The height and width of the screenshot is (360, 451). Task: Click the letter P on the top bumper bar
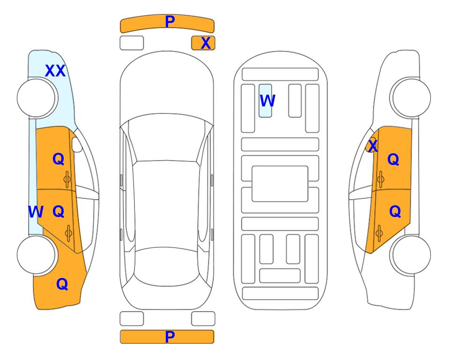coord(170,21)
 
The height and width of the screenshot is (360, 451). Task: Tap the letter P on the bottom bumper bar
coord(170,337)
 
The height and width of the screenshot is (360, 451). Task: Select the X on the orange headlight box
coord(206,43)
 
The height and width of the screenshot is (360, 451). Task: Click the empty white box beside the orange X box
coord(132,43)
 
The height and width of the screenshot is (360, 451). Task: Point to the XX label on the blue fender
coord(55,71)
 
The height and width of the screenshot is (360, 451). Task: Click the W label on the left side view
coord(36,212)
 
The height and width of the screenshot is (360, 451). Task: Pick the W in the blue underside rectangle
coord(267,100)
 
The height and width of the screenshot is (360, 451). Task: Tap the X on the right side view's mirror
coord(373,145)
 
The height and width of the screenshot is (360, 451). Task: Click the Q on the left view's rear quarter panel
coord(62,284)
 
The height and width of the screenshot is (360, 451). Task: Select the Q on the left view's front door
coord(59,159)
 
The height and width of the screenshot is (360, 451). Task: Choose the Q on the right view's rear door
coord(395,212)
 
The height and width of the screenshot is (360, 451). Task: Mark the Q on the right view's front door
coord(393,159)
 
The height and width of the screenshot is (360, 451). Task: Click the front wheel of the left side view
coord(37,98)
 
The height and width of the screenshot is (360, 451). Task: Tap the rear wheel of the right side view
coord(411,255)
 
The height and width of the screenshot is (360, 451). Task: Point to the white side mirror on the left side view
coord(77,144)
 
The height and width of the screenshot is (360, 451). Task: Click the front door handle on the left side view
coord(67,180)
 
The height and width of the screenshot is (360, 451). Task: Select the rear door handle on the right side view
coord(379,233)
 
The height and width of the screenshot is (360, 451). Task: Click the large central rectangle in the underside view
coord(280,184)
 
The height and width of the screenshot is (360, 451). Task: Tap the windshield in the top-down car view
coord(166,138)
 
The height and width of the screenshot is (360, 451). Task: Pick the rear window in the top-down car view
coord(166,266)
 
